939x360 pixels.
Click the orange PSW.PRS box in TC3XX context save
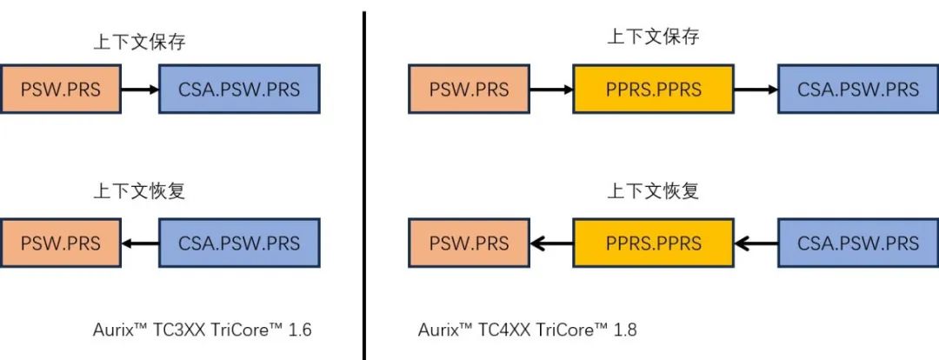pos(60,89)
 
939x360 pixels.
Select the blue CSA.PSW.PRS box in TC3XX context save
pos(239,89)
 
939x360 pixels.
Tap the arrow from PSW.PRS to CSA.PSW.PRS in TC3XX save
pos(139,89)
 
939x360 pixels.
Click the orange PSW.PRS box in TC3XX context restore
pos(60,243)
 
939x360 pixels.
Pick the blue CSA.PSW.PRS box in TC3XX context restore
pos(239,243)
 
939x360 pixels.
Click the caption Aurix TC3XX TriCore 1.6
pos(202,330)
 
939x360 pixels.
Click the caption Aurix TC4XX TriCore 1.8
pos(527,330)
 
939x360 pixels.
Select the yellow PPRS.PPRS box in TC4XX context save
pos(652,89)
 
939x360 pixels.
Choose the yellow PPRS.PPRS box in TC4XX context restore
pos(652,243)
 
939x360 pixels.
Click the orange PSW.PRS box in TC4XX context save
pos(469,89)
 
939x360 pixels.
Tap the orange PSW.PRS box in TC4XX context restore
pos(469,243)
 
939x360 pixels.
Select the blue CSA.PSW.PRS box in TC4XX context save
pos(858,89)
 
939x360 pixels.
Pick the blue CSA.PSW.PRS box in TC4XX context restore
pos(858,243)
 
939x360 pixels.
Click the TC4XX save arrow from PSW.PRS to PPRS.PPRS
pos(550,89)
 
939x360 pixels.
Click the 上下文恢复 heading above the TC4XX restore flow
pos(652,190)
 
